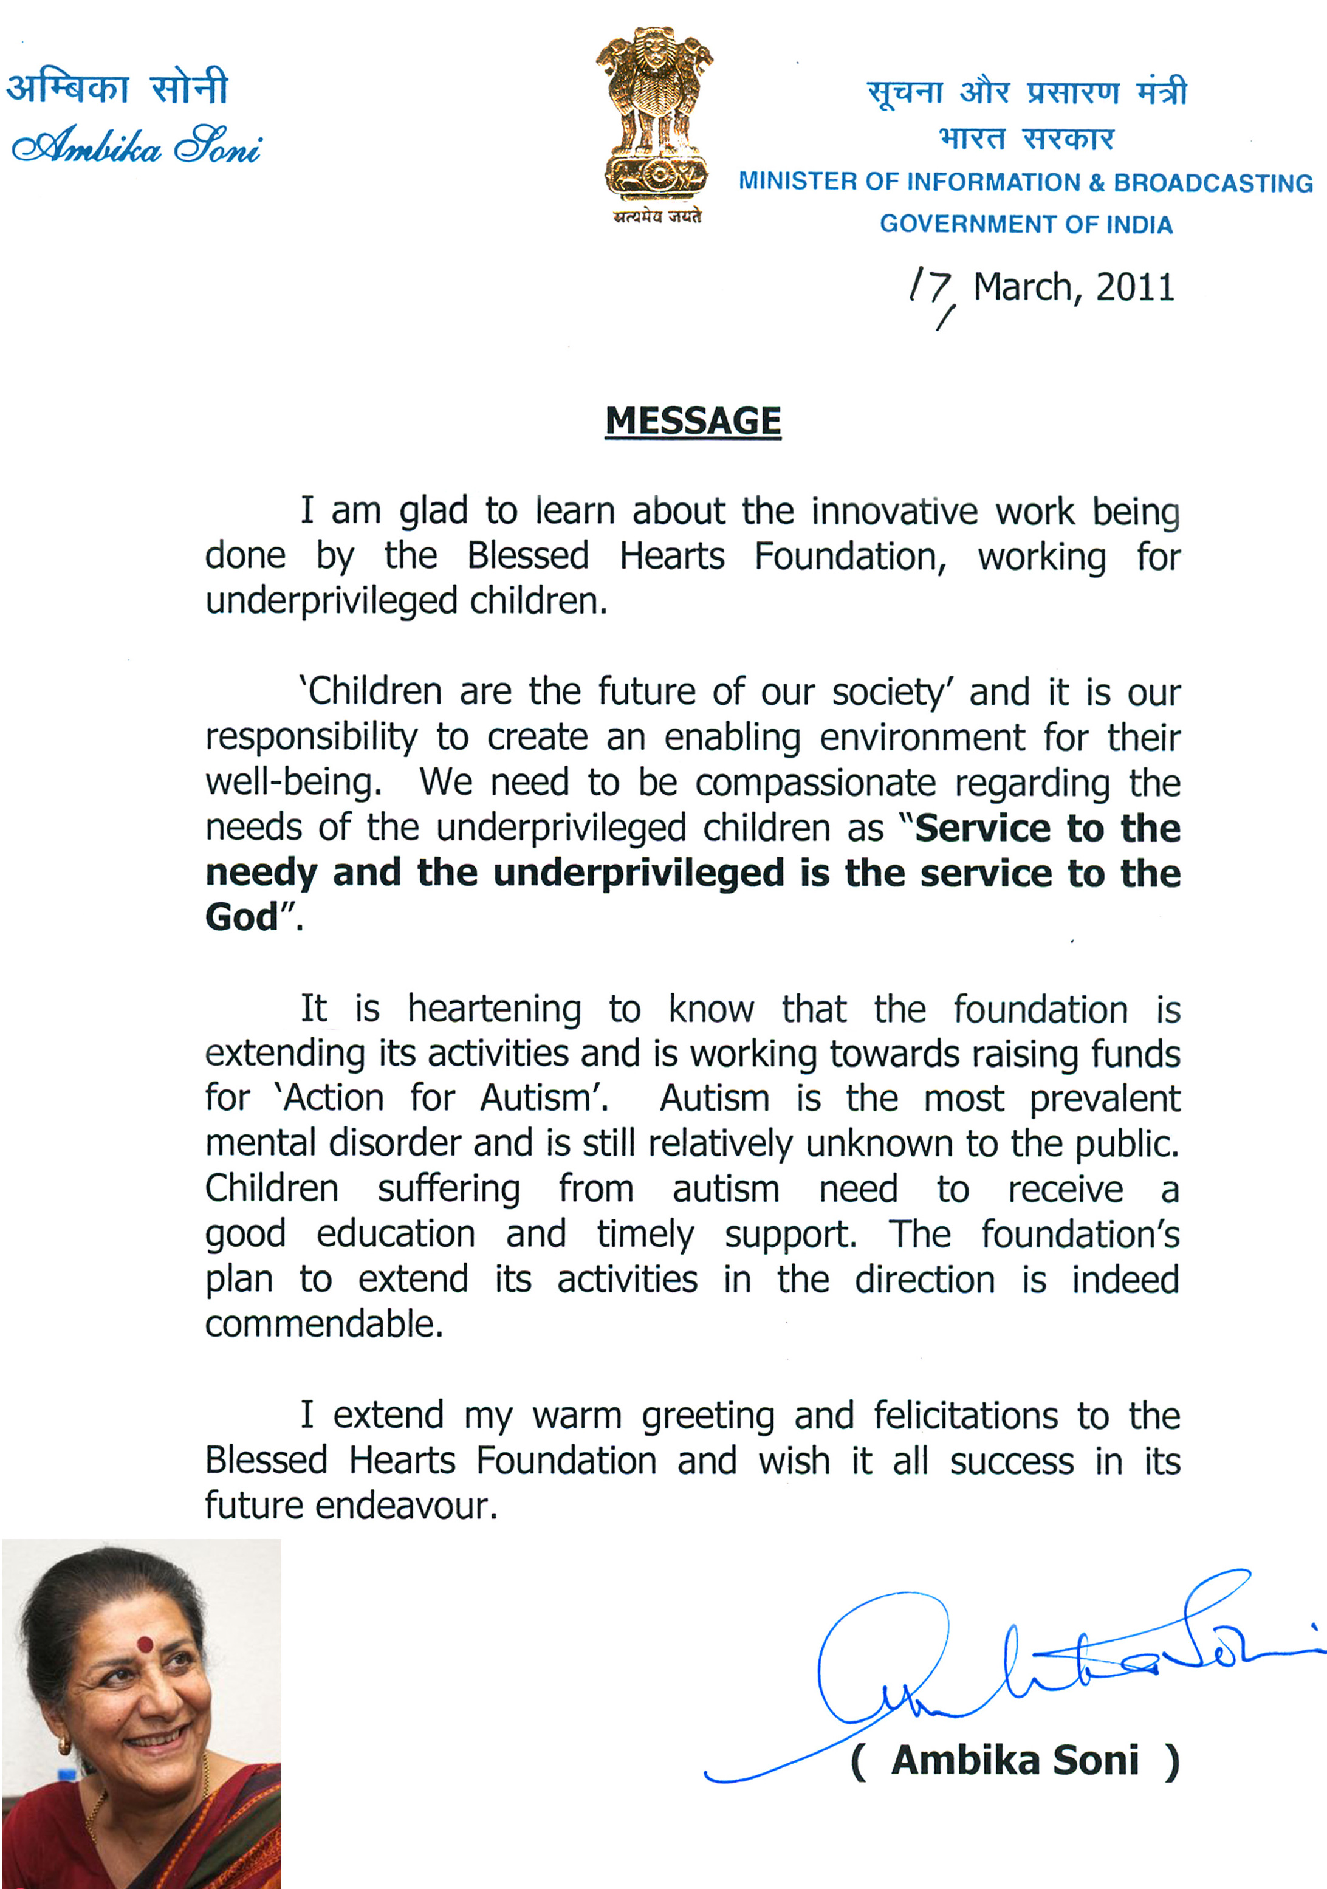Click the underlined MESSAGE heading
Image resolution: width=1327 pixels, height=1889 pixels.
693,421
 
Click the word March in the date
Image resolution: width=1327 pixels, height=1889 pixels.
1023,287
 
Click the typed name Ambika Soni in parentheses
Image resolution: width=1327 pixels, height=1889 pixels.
1015,1761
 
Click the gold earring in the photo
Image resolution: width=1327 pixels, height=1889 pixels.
64,1744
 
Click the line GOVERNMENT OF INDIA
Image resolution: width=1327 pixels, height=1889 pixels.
1026,225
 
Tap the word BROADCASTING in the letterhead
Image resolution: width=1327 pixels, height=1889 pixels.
1213,183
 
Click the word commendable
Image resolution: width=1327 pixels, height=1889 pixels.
323,1324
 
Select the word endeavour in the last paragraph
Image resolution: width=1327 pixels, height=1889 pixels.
406,1506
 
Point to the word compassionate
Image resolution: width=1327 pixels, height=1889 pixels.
815,783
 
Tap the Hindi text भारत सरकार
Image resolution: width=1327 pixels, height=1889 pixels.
1026,138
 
